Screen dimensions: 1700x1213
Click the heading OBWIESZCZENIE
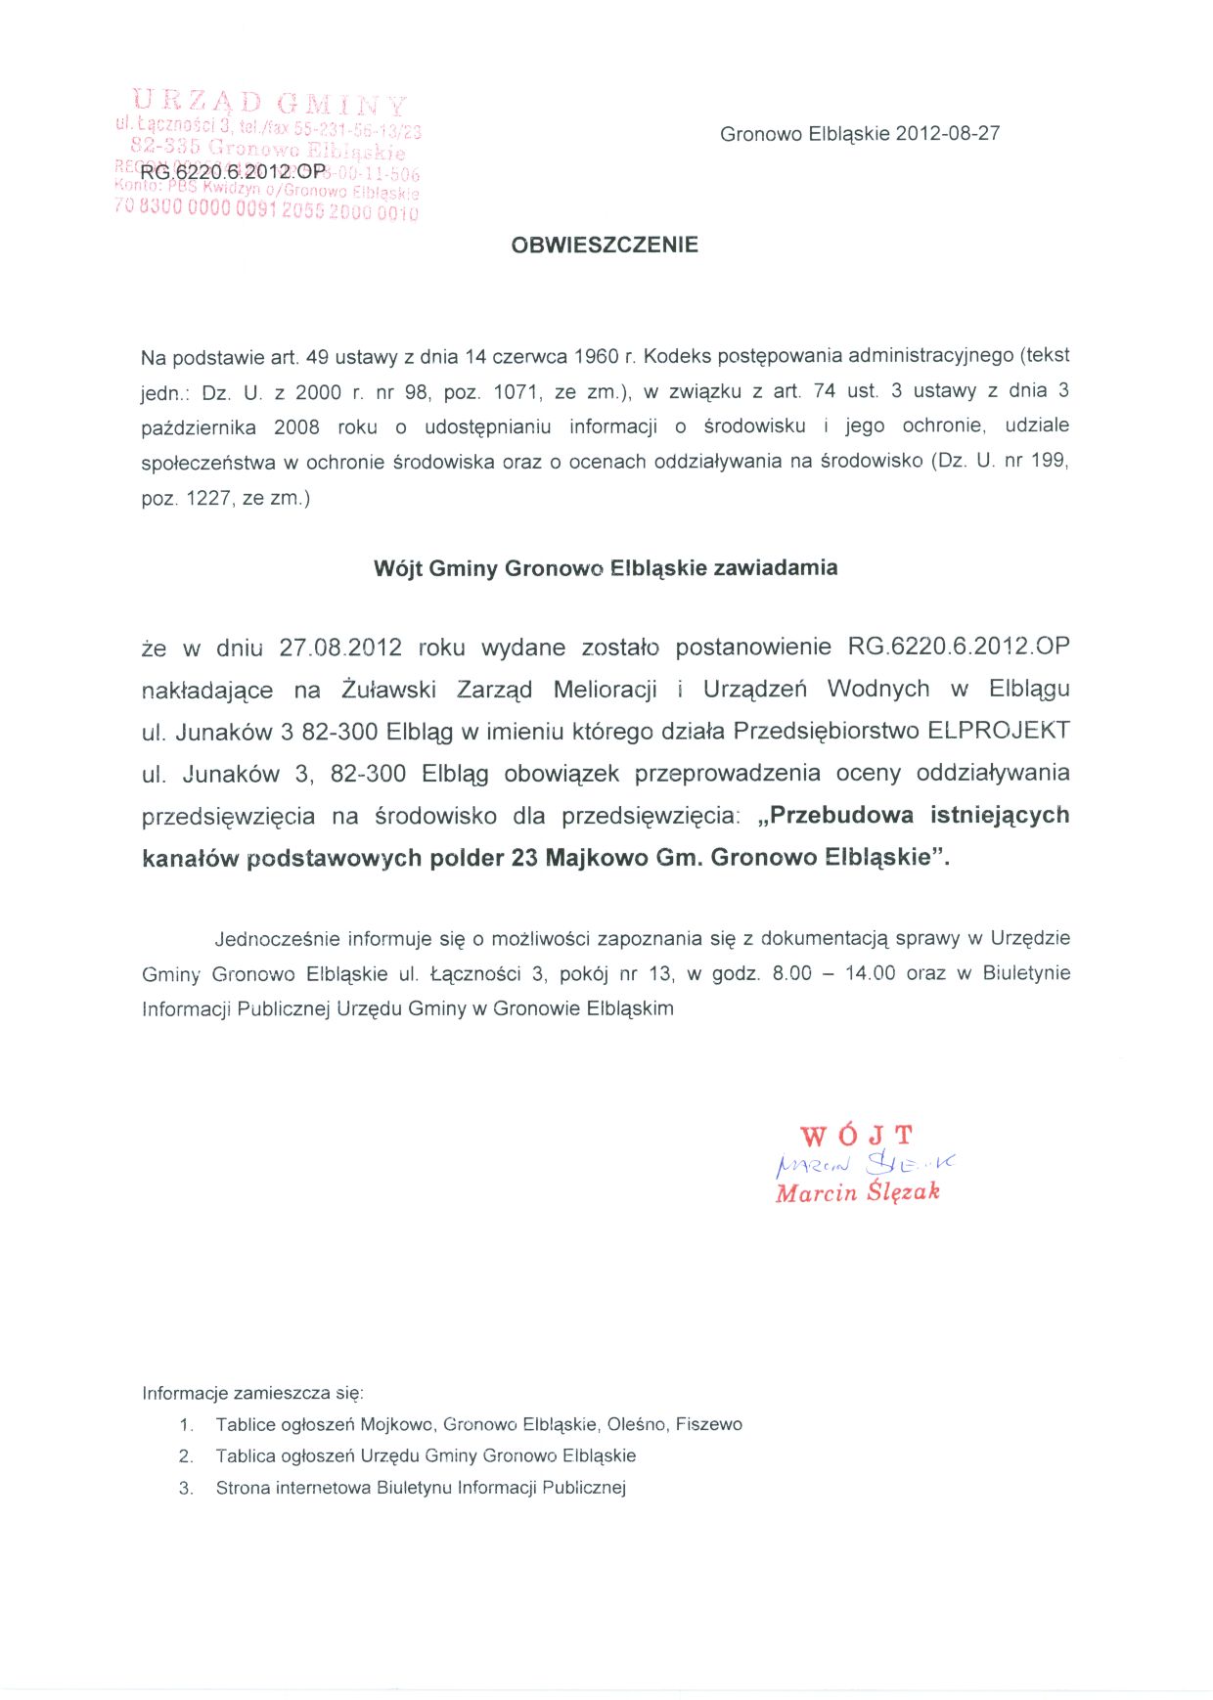click(x=605, y=245)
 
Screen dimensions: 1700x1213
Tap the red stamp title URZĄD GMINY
click(x=269, y=103)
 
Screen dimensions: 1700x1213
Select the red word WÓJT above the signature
click(x=856, y=1136)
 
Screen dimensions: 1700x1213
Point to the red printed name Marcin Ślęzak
click(x=857, y=1192)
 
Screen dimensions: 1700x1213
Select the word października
click(x=199, y=426)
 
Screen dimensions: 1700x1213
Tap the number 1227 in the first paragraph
click(x=208, y=498)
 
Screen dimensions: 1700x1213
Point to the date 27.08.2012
click(x=340, y=648)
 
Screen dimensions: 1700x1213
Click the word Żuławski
click(x=389, y=690)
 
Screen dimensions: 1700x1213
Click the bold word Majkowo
click(x=596, y=858)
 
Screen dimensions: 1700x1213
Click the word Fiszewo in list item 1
click(x=708, y=1424)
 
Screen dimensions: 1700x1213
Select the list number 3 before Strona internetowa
click(x=185, y=1488)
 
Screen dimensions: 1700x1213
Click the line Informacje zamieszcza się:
click(x=252, y=1393)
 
